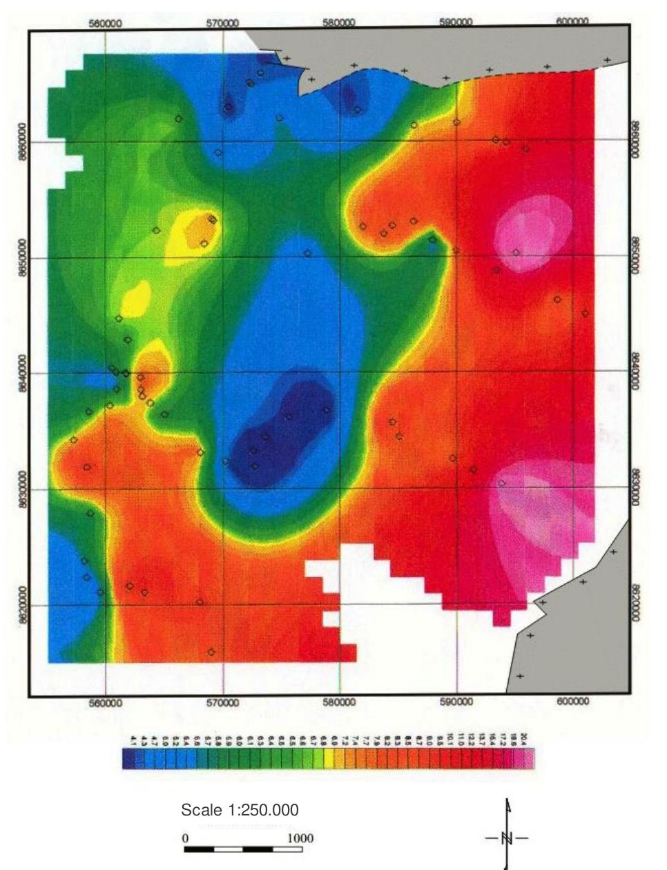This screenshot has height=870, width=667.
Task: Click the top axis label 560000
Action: tap(106, 23)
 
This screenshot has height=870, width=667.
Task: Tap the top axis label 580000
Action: tap(339, 23)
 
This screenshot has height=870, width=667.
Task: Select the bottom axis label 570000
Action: tap(222, 702)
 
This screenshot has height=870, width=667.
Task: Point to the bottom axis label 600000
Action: tap(572, 702)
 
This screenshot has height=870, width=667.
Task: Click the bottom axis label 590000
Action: tap(456, 702)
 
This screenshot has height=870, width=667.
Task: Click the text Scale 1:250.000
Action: tap(240, 810)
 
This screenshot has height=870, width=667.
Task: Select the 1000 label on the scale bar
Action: tap(300, 838)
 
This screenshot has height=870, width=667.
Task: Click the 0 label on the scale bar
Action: tap(185, 838)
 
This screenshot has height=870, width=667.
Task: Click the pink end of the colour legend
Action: tap(528, 759)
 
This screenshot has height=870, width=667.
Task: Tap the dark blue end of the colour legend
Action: tap(128, 759)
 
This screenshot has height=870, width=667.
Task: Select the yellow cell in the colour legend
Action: tap(329, 759)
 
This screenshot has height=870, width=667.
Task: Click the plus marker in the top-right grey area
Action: tap(607, 60)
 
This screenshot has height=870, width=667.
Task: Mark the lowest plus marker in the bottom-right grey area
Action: tap(520, 676)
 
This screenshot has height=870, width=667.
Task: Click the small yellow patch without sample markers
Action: tap(136, 297)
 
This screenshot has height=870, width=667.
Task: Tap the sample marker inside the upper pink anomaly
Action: tap(516, 253)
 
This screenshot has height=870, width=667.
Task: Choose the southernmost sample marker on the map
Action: tap(211, 652)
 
